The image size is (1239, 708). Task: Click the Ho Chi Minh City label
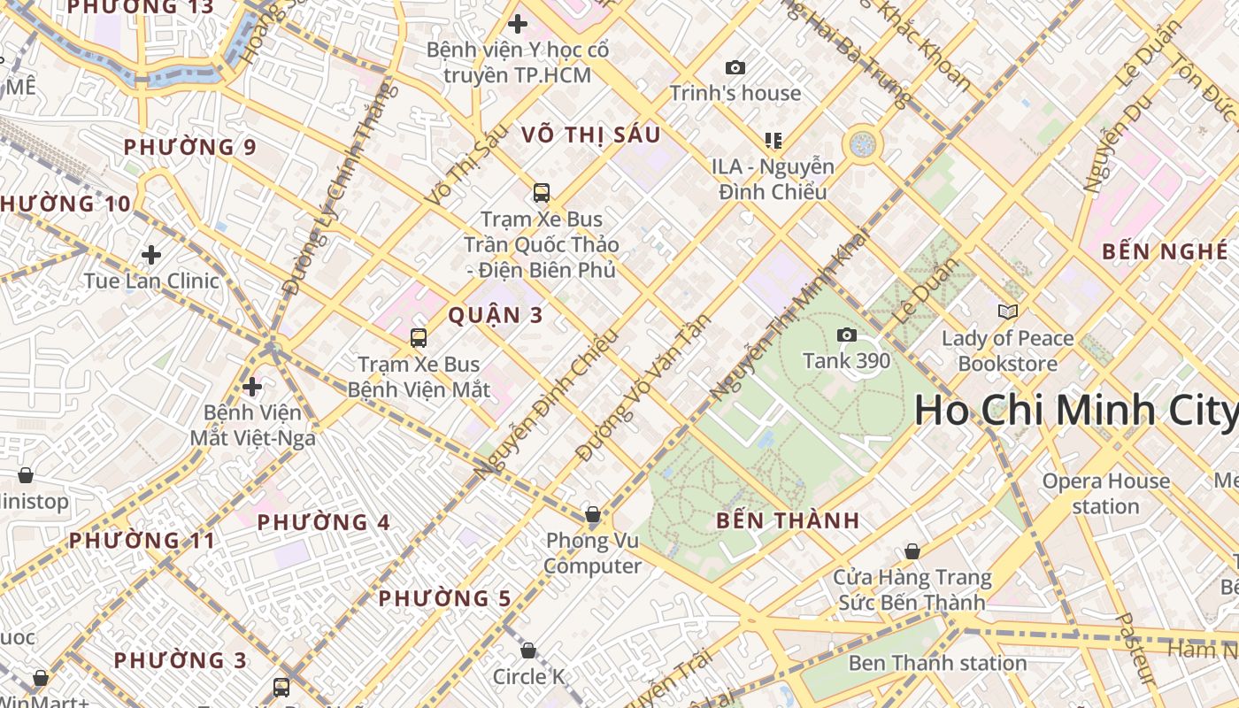1075,411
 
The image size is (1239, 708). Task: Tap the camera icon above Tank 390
847,335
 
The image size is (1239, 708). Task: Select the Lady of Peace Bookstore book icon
1007,312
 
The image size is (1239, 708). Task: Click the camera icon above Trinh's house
735,67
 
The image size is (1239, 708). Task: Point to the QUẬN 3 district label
496,315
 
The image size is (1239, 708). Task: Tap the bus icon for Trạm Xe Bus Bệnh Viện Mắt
419,337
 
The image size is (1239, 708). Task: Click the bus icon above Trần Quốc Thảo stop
541,192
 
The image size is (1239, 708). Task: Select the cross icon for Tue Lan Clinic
151,255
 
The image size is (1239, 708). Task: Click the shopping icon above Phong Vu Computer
593,514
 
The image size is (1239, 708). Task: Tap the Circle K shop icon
528,650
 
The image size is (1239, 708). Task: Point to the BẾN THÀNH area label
788,520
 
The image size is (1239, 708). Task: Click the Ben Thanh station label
937,663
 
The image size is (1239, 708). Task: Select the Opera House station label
1105,494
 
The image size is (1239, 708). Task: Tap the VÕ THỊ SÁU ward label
591,135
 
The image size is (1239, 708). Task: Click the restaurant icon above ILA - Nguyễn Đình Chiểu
773,140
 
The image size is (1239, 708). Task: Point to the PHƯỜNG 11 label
142,540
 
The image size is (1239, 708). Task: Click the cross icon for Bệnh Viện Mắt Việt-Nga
252,387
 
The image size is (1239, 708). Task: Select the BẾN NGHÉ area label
1165,251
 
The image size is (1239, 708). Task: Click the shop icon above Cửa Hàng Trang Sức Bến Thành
912,551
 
